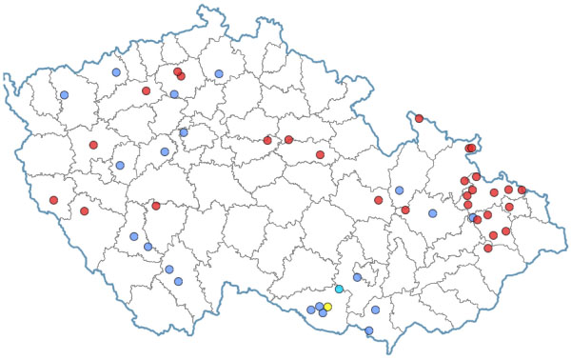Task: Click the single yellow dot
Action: (x=327, y=307)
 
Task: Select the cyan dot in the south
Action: (x=339, y=289)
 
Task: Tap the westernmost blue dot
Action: (x=64, y=95)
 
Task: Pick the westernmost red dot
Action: (x=53, y=200)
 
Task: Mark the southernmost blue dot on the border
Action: (x=369, y=331)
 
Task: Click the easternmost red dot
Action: (x=522, y=190)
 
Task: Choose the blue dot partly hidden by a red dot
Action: (x=472, y=218)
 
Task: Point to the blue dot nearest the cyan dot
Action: (x=357, y=277)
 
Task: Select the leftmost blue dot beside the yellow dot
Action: (x=310, y=310)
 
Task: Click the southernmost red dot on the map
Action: (x=488, y=248)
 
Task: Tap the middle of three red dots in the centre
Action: (x=288, y=140)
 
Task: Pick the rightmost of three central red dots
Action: (x=320, y=154)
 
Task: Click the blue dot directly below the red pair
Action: (x=174, y=94)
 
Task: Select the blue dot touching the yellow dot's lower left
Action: (x=323, y=312)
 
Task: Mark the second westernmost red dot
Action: (x=84, y=210)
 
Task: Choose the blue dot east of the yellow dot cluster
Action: (x=375, y=310)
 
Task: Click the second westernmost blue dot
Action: (x=116, y=72)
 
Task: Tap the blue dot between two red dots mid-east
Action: (x=400, y=190)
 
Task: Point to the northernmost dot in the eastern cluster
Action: (x=419, y=119)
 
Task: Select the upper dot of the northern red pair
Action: (x=177, y=70)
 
